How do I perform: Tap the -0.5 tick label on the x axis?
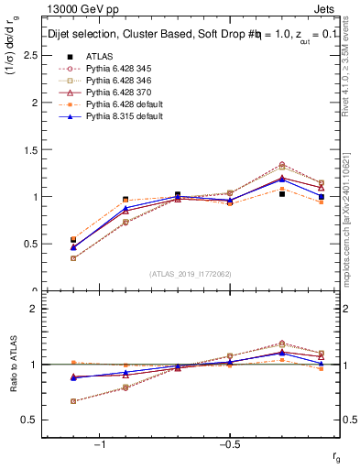click(x=228, y=444)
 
